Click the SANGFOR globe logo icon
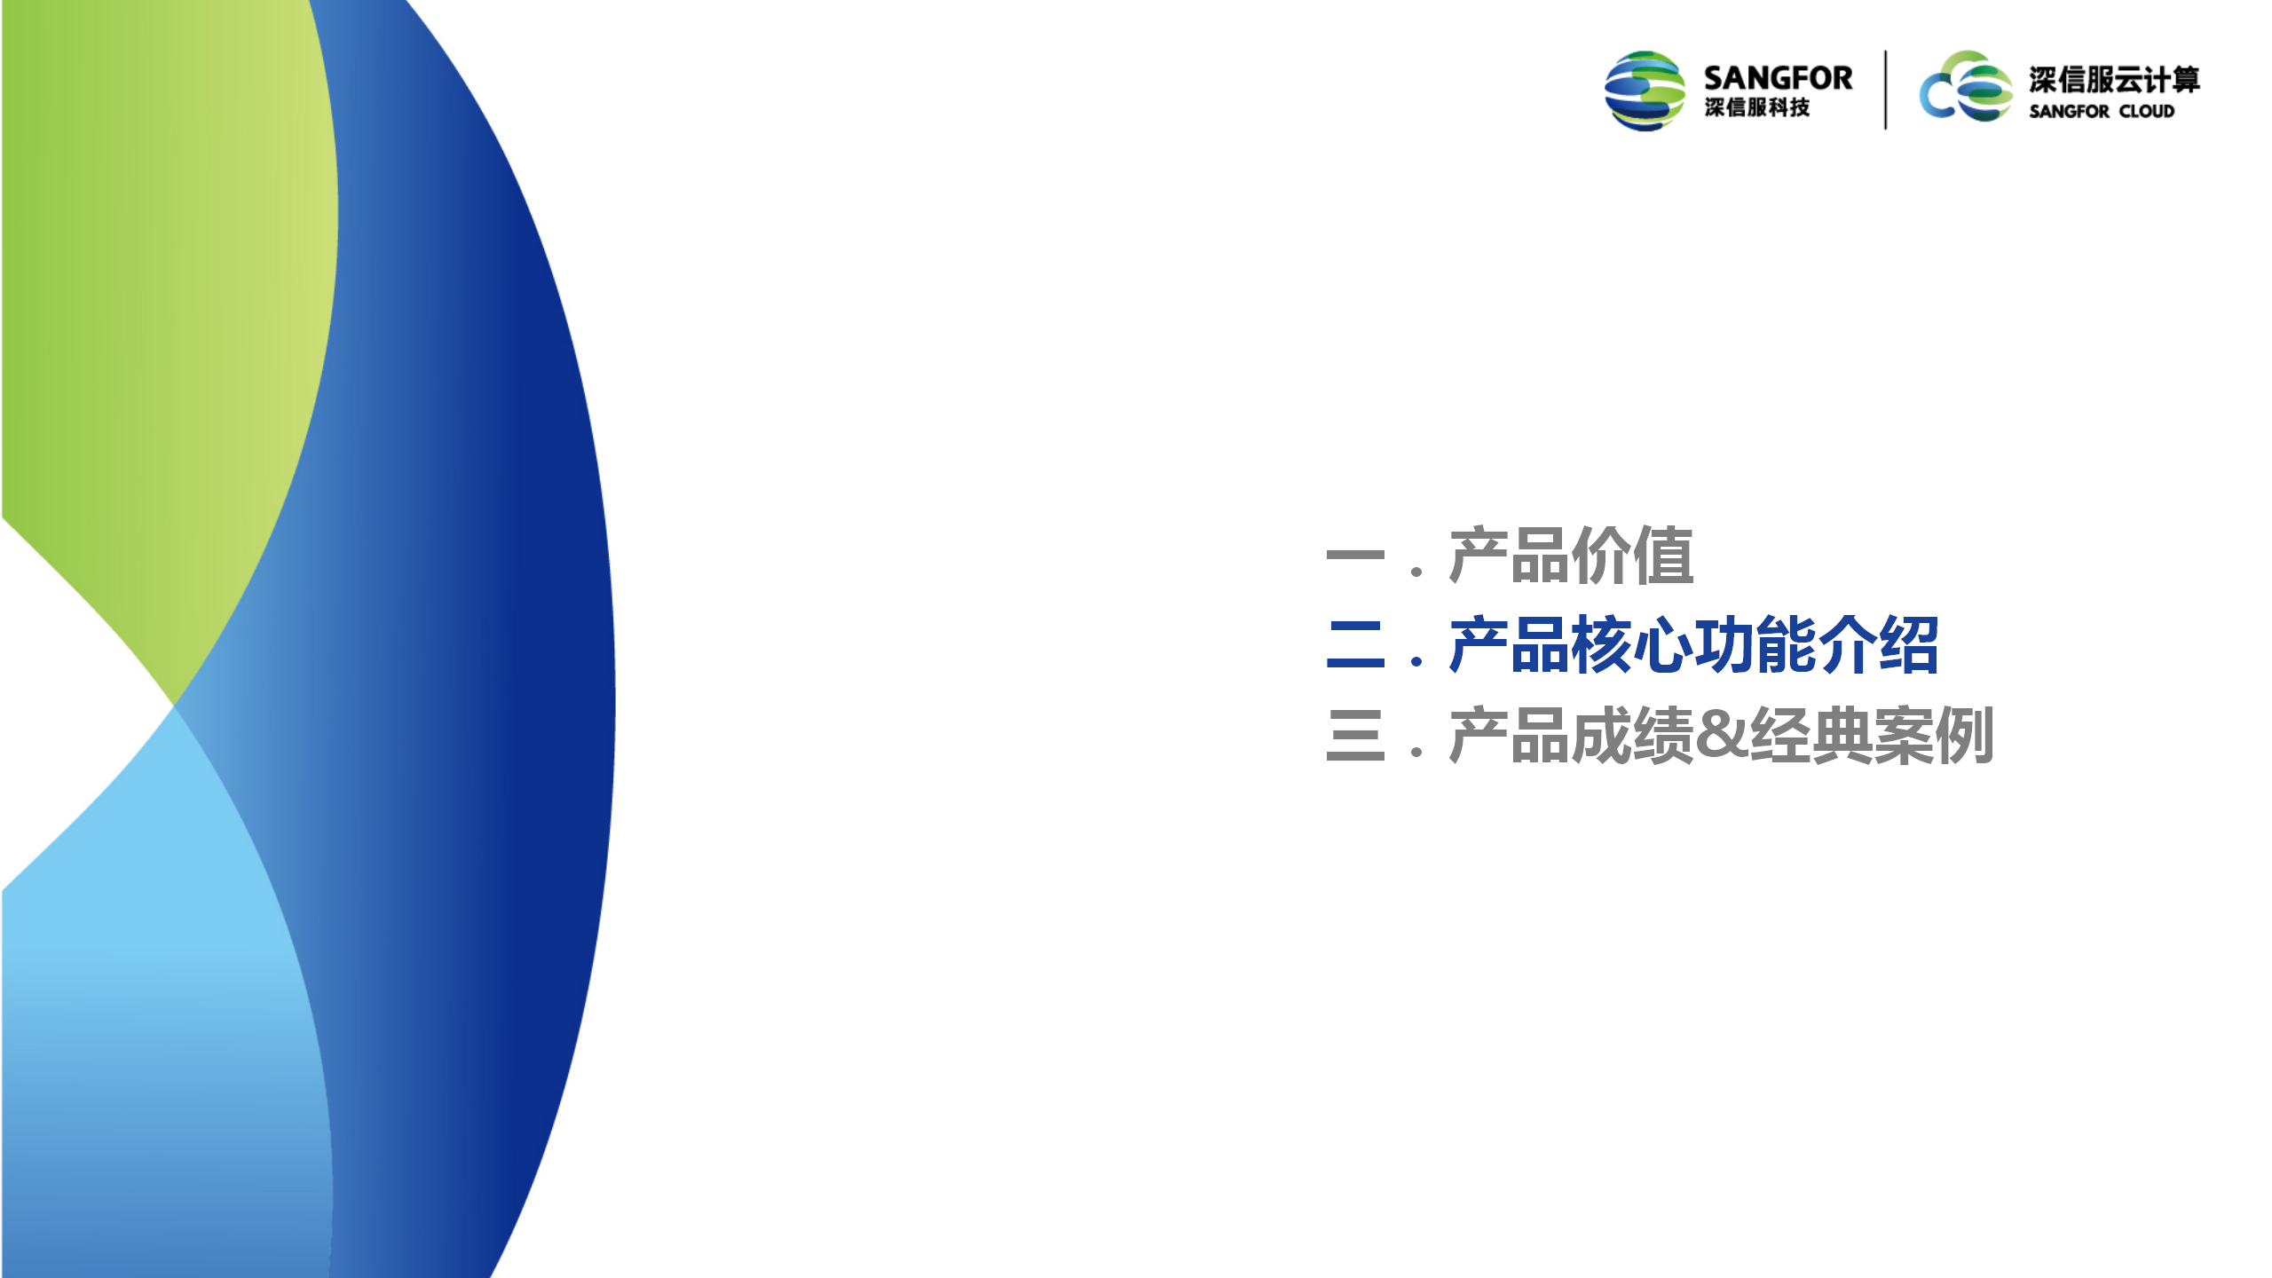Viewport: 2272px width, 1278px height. [1645, 91]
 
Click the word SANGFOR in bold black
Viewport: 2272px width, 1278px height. [1778, 78]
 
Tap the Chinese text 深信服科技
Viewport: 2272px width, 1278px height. [1756, 107]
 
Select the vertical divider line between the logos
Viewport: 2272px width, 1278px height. [1886, 90]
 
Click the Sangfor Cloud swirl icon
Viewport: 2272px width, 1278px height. [1966, 86]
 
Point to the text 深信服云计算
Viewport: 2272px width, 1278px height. [2114, 80]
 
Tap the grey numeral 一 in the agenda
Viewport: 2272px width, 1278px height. [1355, 556]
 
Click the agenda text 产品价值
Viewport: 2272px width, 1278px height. [1571, 556]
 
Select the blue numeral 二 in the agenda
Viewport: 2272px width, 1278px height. [1355, 644]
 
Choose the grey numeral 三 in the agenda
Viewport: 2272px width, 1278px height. [1355, 735]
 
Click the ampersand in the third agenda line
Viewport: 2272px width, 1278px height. [1722, 735]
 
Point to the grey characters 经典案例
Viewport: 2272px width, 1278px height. [1872, 735]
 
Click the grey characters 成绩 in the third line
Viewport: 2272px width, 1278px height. [1632, 735]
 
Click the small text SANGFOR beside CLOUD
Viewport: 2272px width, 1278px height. [2069, 112]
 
